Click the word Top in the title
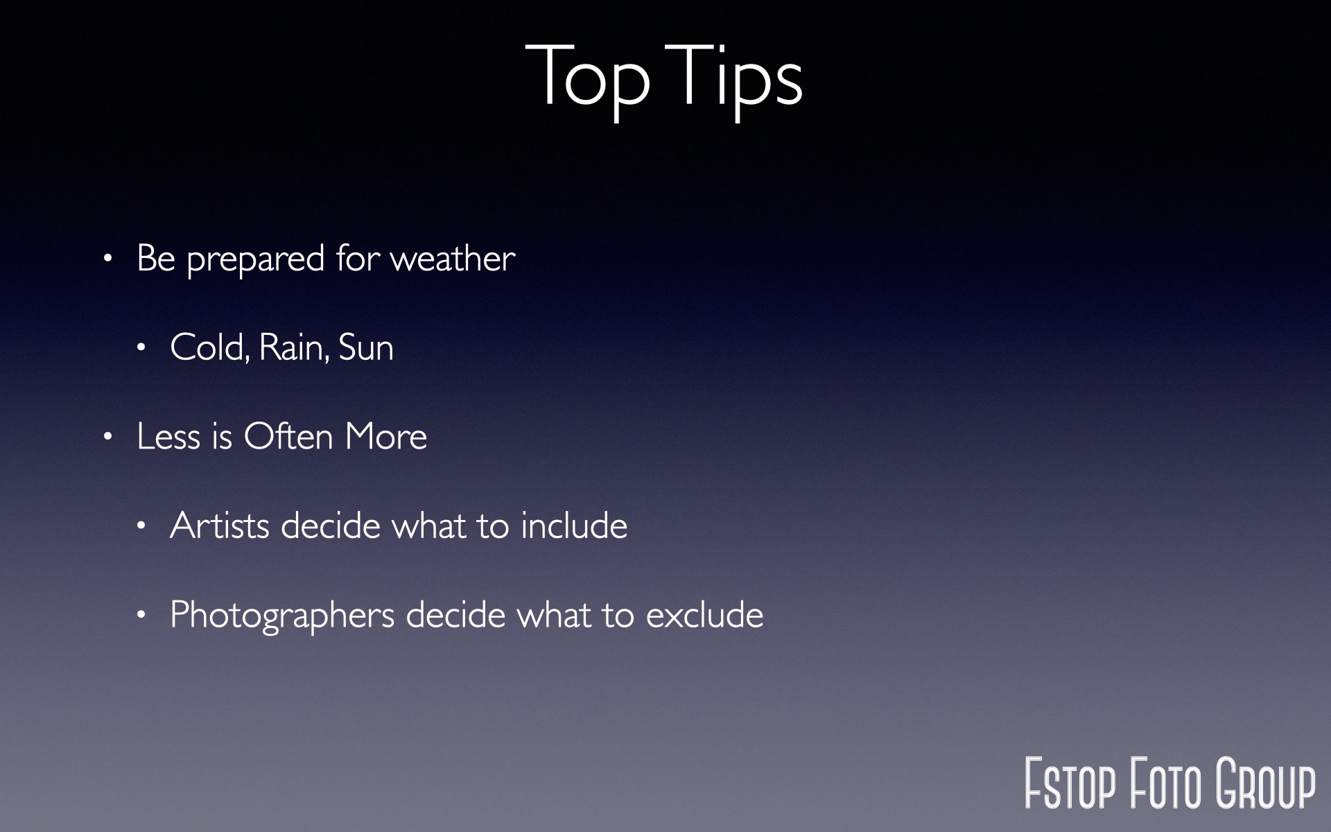coord(588,80)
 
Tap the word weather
coord(453,259)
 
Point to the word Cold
coord(209,347)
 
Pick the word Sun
coord(366,347)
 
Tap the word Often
coord(288,436)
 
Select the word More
coord(386,437)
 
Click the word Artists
coord(220,526)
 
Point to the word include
coord(574,526)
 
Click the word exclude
coord(704,615)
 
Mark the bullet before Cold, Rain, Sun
coord(141,348)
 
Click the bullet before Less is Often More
coord(107,437)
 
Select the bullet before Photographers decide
coord(141,615)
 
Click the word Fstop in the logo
coord(1070,783)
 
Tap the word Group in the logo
coord(1266,783)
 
